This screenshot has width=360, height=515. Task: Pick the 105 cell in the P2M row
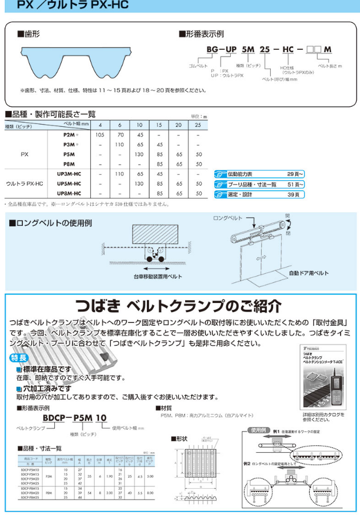tap(101, 135)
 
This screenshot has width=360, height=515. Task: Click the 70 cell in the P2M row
tap(120, 135)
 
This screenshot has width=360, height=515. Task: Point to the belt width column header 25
tap(198, 125)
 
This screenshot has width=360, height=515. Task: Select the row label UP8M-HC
tap(69, 194)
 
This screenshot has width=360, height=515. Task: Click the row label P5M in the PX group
tap(69, 154)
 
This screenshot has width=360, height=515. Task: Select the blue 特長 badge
tap(18, 358)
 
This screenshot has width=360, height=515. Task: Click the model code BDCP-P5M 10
tap(78, 418)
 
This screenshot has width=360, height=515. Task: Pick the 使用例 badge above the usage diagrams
tap(258, 429)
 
